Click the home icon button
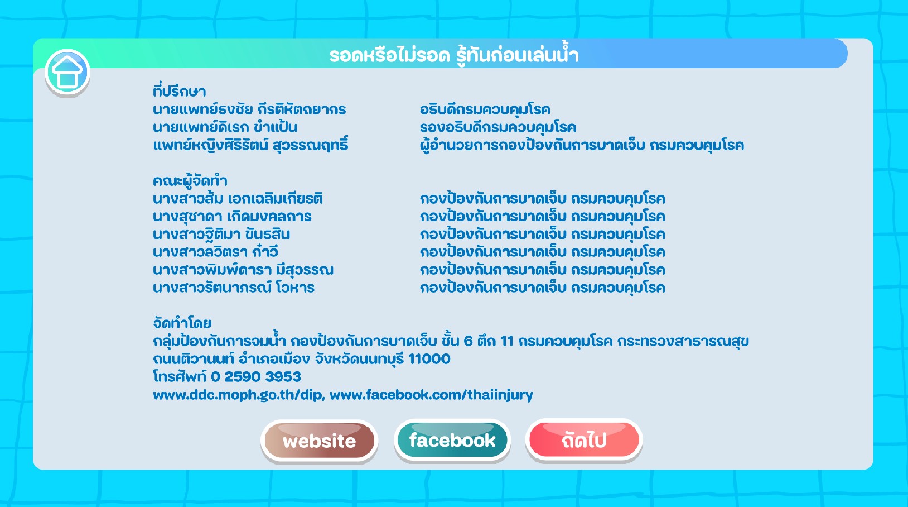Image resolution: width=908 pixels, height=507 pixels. click(67, 73)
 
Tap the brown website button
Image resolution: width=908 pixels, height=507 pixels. click(320, 441)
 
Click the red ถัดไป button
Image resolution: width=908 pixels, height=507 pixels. click(584, 440)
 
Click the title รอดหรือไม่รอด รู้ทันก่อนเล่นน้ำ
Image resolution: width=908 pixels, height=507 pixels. click(454, 56)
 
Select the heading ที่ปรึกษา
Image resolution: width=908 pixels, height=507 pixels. click(179, 92)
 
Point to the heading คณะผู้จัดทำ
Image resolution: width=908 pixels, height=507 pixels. click(190, 181)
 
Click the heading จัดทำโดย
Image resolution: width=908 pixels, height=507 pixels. click(182, 323)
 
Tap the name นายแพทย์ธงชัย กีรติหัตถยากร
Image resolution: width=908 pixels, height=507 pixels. click(249, 109)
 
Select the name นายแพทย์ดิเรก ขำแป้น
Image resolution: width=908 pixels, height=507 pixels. click(225, 127)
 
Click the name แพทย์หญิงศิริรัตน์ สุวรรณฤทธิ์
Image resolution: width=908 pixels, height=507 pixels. click(250, 145)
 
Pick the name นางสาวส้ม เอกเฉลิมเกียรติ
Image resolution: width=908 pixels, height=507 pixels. click(238, 198)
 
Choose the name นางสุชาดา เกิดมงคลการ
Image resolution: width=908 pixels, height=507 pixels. click(232, 216)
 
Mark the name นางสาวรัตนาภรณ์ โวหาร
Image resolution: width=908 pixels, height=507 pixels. click(234, 288)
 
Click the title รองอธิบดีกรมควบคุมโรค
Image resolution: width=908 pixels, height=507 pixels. click(498, 127)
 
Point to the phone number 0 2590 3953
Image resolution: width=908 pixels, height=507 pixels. click(256, 377)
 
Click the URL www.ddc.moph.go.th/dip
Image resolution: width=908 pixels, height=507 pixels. click(238, 395)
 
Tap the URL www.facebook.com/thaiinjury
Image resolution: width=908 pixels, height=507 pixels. click(431, 395)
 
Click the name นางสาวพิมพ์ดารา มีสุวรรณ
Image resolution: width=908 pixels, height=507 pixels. click(243, 270)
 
